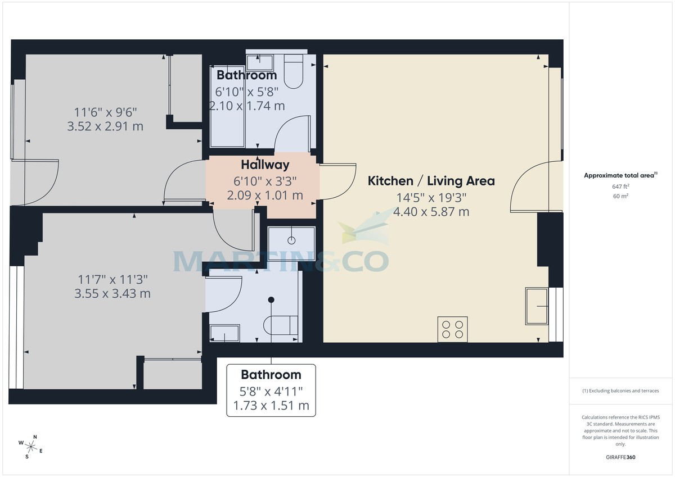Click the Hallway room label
[x=265, y=165]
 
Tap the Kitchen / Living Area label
[x=431, y=181]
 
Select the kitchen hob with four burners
[x=453, y=329]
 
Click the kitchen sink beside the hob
[x=537, y=306]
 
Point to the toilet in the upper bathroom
[x=294, y=72]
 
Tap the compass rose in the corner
[x=31, y=447]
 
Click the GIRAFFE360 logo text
[x=620, y=457]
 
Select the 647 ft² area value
[x=620, y=186]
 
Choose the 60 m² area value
[x=620, y=196]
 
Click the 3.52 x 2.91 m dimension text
[x=105, y=126]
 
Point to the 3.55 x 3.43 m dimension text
[x=112, y=293]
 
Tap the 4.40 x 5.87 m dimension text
[x=431, y=212]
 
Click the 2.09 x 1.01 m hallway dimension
[x=265, y=196]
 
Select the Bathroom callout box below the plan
[x=271, y=390]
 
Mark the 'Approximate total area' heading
[x=619, y=175]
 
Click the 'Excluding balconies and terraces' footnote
[x=620, y=390]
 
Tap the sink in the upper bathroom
[x=260, y=61]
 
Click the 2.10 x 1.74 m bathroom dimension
[x=247, y=106]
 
